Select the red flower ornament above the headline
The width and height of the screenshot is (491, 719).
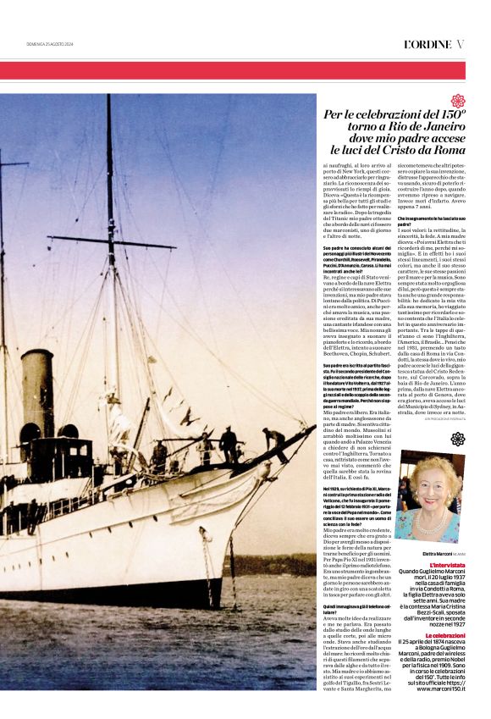457,101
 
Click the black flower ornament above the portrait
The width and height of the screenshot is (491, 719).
457,438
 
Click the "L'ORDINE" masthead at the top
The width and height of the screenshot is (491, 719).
427,43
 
